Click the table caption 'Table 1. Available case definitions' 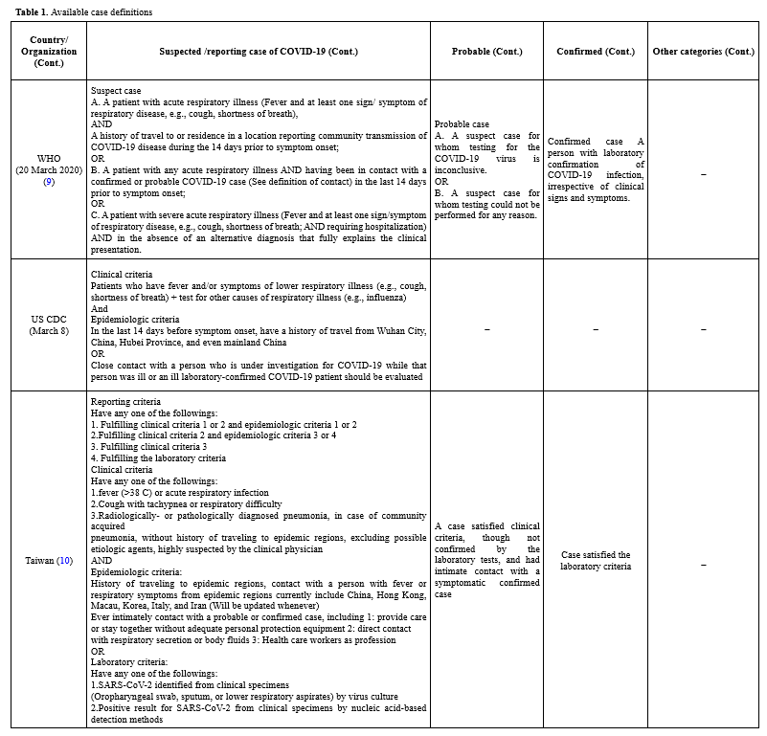(x=83, y=12)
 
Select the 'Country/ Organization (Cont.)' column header (x=49, y=52)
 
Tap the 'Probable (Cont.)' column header (x=486, y=52)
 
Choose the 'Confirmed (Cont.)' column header (x=595, y=52)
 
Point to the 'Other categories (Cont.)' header (x=703, y=52)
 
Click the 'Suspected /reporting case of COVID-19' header (x=259, y=52)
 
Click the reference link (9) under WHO (x=49, y=181)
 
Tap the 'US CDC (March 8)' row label (x=49, y=324)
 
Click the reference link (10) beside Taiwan (x=64, y=560)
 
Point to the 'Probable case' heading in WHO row (x=462, y=124)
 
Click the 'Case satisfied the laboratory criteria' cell (x=595, y=560)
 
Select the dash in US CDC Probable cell (x=486, y=329)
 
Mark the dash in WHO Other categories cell (x=703, y=174)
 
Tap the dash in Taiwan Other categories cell (x=703, y=566)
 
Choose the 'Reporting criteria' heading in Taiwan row (x=126, y=402)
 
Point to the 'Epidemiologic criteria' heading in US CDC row (x=134, y=319)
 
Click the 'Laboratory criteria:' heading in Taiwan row (x=129, y=661)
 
